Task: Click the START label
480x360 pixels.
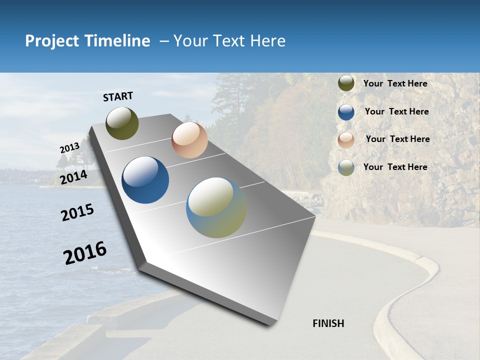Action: (118, 96)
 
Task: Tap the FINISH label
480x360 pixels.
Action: (328, 323)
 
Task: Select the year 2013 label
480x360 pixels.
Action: (69, 148)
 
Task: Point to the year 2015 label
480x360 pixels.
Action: (77, 212)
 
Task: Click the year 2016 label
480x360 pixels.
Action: (85, 253)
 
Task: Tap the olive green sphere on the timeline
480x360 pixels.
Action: (122, 123)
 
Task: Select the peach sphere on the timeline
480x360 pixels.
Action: (189, 140)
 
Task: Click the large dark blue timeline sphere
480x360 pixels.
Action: (145, 180)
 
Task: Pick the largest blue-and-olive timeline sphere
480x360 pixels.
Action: (216, 207)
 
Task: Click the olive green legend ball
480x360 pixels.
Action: (346, 83)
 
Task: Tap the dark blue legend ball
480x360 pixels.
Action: (346, 112)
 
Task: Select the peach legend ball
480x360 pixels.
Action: (346, 140)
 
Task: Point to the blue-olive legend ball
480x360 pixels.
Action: (346, 168)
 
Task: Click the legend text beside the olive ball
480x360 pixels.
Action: (395, 83)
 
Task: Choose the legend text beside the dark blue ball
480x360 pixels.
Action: (396, 111)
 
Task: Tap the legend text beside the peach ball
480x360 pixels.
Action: (397, 139)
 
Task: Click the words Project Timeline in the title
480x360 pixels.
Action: (87, 41)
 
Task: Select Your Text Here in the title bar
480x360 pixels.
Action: (229, 41)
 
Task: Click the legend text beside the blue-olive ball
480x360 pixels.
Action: (395, 167)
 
